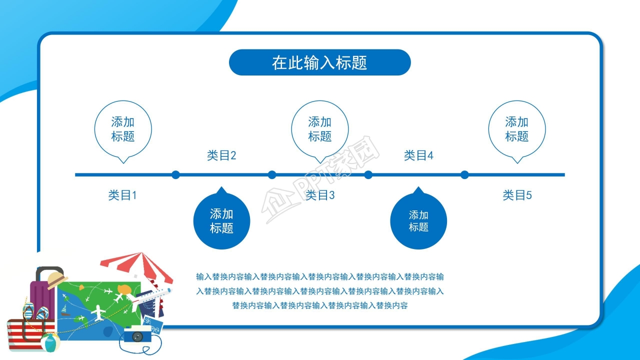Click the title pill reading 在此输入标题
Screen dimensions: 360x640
pyautogui.click(x=319, y=62)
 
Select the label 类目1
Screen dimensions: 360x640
pyautogui.click(x=122, y=195)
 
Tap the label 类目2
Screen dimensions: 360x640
pyautogui.click(x=221, y=155)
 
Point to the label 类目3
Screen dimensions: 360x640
pyautogui.click(x=320, y=195)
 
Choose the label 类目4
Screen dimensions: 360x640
pyautogui.click(x=418, y=155)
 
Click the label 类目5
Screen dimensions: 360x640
pyautogui.click(x=517, y=195)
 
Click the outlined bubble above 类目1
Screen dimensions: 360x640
pyautogui.click(x=123, y=129)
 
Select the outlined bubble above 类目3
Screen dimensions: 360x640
pyautogui.click(x=320, y=129)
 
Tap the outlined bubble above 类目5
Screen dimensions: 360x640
pyautogui.click(x=517, y=129)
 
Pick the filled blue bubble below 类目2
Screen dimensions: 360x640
pyautogui.click(x=221, y=221)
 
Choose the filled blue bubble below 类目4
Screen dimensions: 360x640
pyautogui.click(x=418, y=221)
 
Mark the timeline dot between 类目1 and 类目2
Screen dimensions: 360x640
pyautogui.click(x=175, y=174)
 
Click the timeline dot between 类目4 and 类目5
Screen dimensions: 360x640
pyautogui.click(x=464, y=174)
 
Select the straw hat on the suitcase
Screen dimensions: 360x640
pyautogui.click(x=56, y=279)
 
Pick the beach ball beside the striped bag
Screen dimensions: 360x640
pyautogui.click(x=50, y=342)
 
